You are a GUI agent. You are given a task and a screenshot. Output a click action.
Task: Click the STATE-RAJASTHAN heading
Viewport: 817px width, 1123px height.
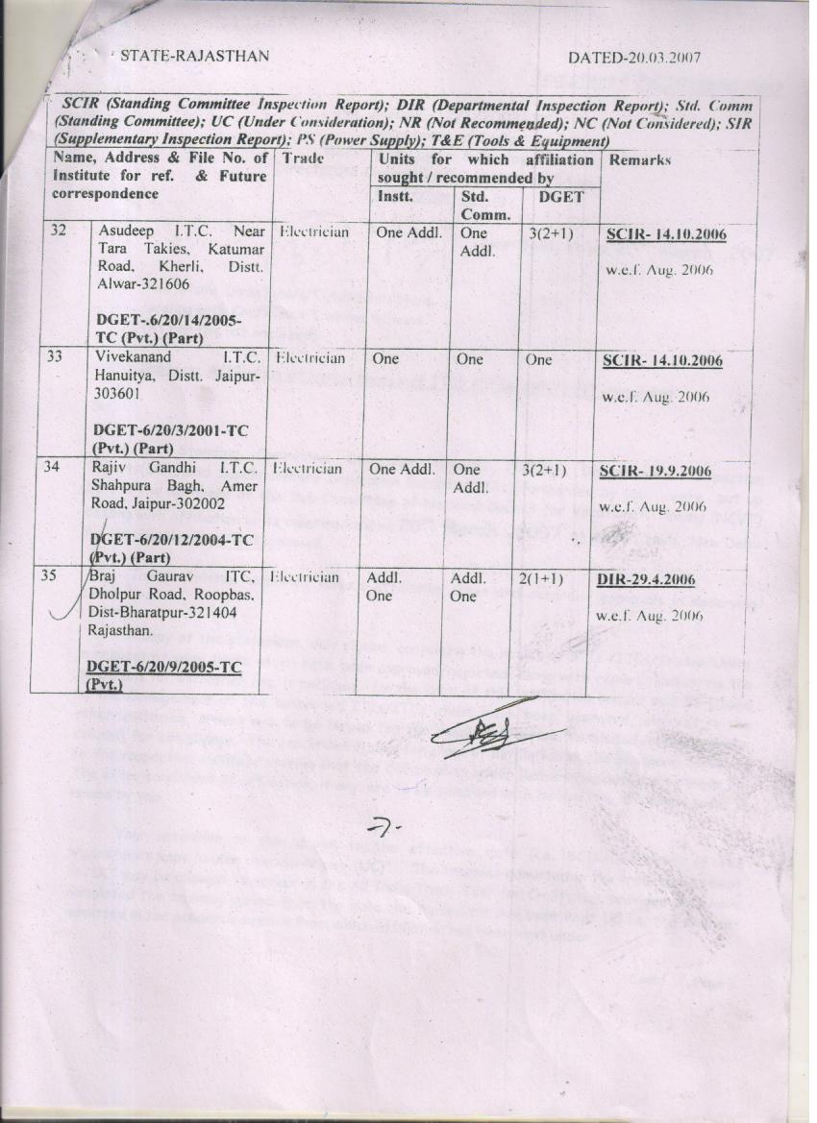(x=194, y=57)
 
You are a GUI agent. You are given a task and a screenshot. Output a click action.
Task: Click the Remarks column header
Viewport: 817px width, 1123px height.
(x=639, y=159)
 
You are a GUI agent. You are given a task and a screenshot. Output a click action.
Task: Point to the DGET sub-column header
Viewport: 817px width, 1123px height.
(x=555, y=196)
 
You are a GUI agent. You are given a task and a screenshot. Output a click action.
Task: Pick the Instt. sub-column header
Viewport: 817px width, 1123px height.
(x=394, y=196)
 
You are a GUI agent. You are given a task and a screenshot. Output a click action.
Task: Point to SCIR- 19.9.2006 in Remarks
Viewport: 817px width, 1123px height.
(x=656, y=472)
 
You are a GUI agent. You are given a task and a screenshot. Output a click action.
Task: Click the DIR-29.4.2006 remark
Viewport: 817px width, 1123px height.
(x=646, y=581)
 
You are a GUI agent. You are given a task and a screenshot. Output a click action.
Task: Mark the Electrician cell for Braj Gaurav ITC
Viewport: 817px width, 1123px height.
(x=306, y=578)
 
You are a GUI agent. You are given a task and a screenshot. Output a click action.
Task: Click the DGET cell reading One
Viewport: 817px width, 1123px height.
(x=538, y=359)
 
